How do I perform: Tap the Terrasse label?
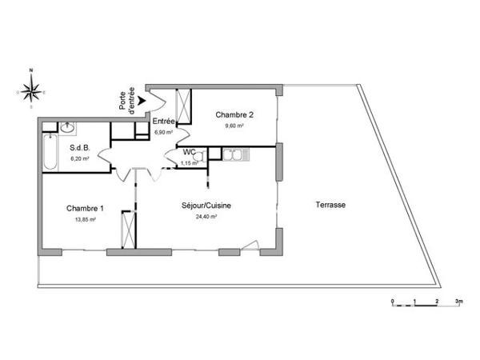[x=330, y=206]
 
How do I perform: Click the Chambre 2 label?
[x=234, y=114]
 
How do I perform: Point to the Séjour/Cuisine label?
[x=206, y=206]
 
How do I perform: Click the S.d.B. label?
[x=79, y=148]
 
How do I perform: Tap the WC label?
[x=189, y=152]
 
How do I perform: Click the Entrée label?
[x=164, y=121]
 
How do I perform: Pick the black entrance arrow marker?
[x=140, y=101]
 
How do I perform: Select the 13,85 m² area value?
[x=85, y=219]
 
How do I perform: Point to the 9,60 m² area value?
[x=234, y=126]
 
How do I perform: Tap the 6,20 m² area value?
[x=79, y=158]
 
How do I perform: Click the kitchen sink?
[x=236, y=154]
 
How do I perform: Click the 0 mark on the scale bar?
[x=393, y=301]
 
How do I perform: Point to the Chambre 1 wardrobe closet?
[x=126, y=230]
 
